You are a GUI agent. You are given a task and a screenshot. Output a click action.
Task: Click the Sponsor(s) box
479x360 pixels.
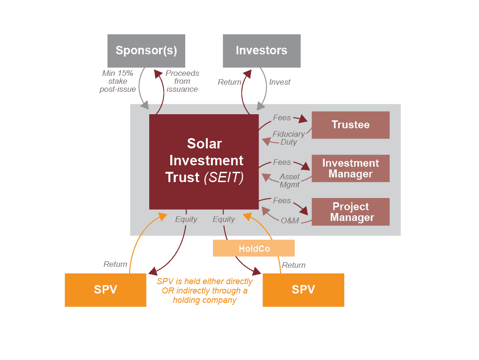pyautogui.click(x=146, y=51)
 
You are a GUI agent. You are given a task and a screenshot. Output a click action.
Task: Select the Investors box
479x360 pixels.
pyautogui.click(x=261, y=51)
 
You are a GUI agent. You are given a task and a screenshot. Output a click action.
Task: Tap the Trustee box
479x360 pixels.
pyautogui.click(x=350, y=125)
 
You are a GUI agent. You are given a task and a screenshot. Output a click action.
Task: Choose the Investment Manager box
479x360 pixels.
pyautogui.click(x=350, y=169)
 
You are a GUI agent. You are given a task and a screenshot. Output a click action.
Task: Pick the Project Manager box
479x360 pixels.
pyautogui.click(x=350, y=212)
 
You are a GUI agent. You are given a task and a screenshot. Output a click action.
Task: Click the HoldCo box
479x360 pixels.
pyautogui.click(x=254, y=249)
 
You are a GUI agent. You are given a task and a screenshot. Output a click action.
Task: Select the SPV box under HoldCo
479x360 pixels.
pyautogui.click(x=303, y=290)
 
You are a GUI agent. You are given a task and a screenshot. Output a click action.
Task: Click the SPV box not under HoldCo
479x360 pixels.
pyautogui.click(x=105, y=290)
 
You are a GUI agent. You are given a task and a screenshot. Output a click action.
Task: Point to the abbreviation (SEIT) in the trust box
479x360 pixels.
pyautogui.click(x=224, y=178)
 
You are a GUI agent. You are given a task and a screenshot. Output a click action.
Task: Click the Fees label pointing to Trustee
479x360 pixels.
pyautogui.click(x=282, y=118)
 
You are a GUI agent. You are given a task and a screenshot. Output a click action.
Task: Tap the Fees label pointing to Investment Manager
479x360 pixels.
pyautogui.click(x=282, y=162)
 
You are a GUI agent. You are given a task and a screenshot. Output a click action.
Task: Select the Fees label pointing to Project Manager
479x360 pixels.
pyautogui.click(x=282, y=200)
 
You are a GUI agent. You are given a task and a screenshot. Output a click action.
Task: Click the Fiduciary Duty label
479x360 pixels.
pyautogui.click(x=289, y=138)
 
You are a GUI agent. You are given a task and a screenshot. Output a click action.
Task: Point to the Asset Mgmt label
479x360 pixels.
pyautogui.click(x=290, y=181)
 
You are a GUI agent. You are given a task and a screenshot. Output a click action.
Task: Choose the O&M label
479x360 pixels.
pyautogui.click(x=290, y=220)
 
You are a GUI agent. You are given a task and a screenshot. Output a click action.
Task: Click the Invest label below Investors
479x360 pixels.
pyautogui.click(x=279, y=82)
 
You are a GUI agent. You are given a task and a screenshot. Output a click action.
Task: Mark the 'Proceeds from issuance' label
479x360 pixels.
pyautogui.click(x=182, y=81)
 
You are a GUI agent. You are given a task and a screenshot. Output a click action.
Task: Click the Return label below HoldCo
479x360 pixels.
pyautogui.click(x=293, y=265)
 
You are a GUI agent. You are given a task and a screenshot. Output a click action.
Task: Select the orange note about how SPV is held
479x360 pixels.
pyautogui.click(x=204, y=291)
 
